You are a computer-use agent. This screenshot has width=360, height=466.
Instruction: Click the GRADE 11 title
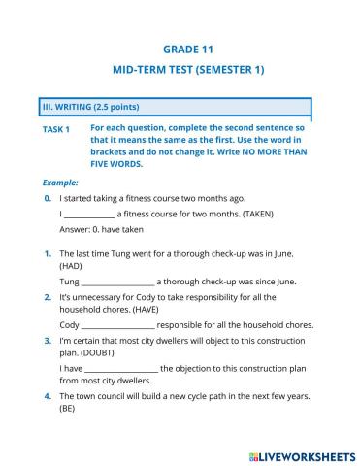pyautogui.click(x=189, y=49)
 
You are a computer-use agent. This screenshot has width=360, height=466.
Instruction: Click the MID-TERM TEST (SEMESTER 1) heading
pyautogui.click(x=189, y=70)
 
